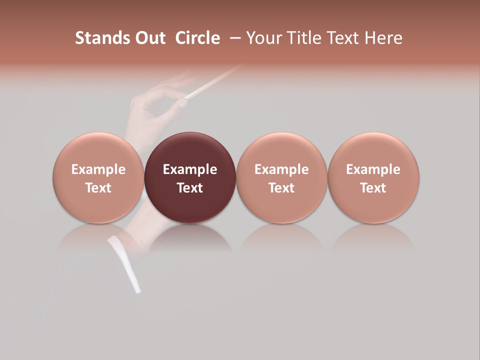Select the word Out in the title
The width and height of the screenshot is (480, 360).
point(149,38)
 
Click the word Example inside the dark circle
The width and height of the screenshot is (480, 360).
point(190,169)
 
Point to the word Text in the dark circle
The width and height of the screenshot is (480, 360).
point(190,188)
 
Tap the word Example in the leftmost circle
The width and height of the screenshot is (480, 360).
point(98,169)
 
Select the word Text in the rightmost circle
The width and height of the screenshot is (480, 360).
point(373,188)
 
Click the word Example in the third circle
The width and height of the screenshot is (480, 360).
point(281,169)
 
